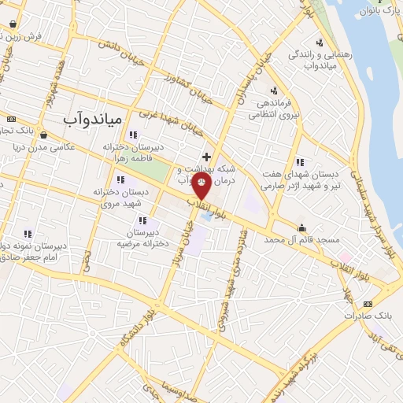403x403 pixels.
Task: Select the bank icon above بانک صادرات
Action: click(x=366, y=304)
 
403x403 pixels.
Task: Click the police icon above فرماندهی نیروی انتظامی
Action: click(x=273, y=89)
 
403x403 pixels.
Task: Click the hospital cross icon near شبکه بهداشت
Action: click(x=206, y=157)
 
